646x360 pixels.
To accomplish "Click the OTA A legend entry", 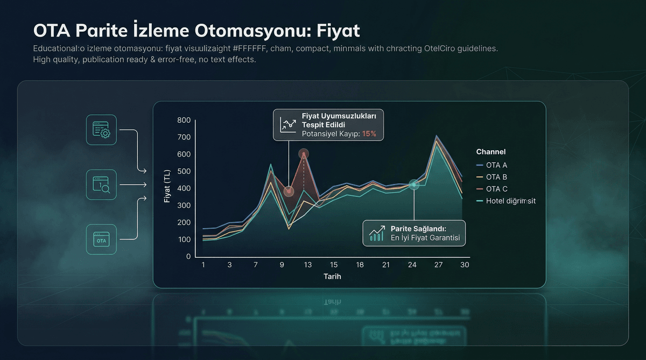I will pyautogui.click(x=496, y=165).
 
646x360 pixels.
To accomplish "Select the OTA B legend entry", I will pyautogui.click(x=496, y=177).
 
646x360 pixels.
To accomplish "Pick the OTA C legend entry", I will pyautogui.click(x=496, y=189).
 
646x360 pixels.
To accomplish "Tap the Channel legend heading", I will pyautogui.click(x=490, y=152).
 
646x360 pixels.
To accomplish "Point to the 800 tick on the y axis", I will pyautogui.click(x=184, y=120).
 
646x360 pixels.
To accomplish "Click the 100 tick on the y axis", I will pyautogui.click(x=184, y=239).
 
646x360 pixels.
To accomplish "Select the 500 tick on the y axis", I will pyautogui.click(x=184, y=171).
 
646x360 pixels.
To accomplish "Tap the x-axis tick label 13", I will pyautogui.click(x=308, y=265).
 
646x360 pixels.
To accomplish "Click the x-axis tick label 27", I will pyautogui.click(x=439, y=265).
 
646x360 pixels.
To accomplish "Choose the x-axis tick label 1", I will pyautogui.click(x=203, y=265).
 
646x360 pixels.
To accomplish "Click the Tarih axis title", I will pyautogui.click(x=332, y=277).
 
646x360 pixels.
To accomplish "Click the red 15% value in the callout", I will pyautogui.click(x=369, y=133).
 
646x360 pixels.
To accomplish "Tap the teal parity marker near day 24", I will pyautogui.click(x=413, y=185).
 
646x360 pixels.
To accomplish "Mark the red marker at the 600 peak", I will pyautogui.click(x=304, y=154).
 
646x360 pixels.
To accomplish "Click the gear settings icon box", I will pyautogui.click(x=101, y=130).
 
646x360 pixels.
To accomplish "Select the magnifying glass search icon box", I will pyautogui.click(x=101, y=185).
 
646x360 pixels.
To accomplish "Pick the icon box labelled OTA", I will pyautogui.click(x=101, y=239).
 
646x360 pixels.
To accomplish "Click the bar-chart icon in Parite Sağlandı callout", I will pyautogui.click(x=376, y=233).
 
